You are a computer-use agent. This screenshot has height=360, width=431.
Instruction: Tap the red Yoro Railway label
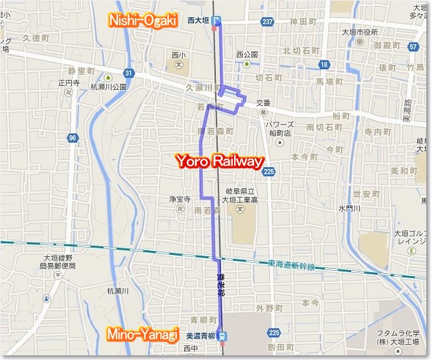click(x=219, y=162)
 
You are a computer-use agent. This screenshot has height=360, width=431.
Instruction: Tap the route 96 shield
click(x=71, y=138)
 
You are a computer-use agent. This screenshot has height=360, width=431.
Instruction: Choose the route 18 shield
click(x=324, y=64)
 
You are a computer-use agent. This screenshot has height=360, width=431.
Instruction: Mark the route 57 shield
click(x=414, y=47)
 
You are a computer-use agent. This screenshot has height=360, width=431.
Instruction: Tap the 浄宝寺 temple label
click(x=180, y=199)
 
